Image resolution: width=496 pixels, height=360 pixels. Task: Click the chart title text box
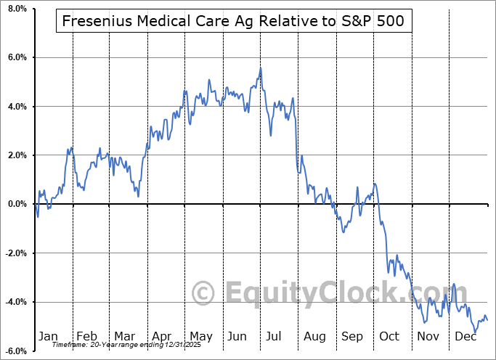(x=235, y=22)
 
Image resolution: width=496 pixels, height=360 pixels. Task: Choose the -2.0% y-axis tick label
(x=14, y=253)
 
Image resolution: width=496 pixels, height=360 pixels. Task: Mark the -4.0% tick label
(x=14, y=302)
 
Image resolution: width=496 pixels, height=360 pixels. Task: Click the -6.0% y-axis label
(x=14, y=351)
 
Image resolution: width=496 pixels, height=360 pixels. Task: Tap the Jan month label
(x=48, y=337)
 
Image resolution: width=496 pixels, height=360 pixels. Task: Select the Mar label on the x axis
(x=123, y=337)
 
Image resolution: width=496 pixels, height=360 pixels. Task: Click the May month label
(x=200, y=337)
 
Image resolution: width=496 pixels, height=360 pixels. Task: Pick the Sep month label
(x=353, y=337)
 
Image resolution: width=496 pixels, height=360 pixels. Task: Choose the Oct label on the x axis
(x=390, y=337)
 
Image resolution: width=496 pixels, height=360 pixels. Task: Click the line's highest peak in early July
(x=260, y=68)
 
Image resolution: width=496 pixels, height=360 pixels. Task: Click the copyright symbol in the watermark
(x=203, y=295)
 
